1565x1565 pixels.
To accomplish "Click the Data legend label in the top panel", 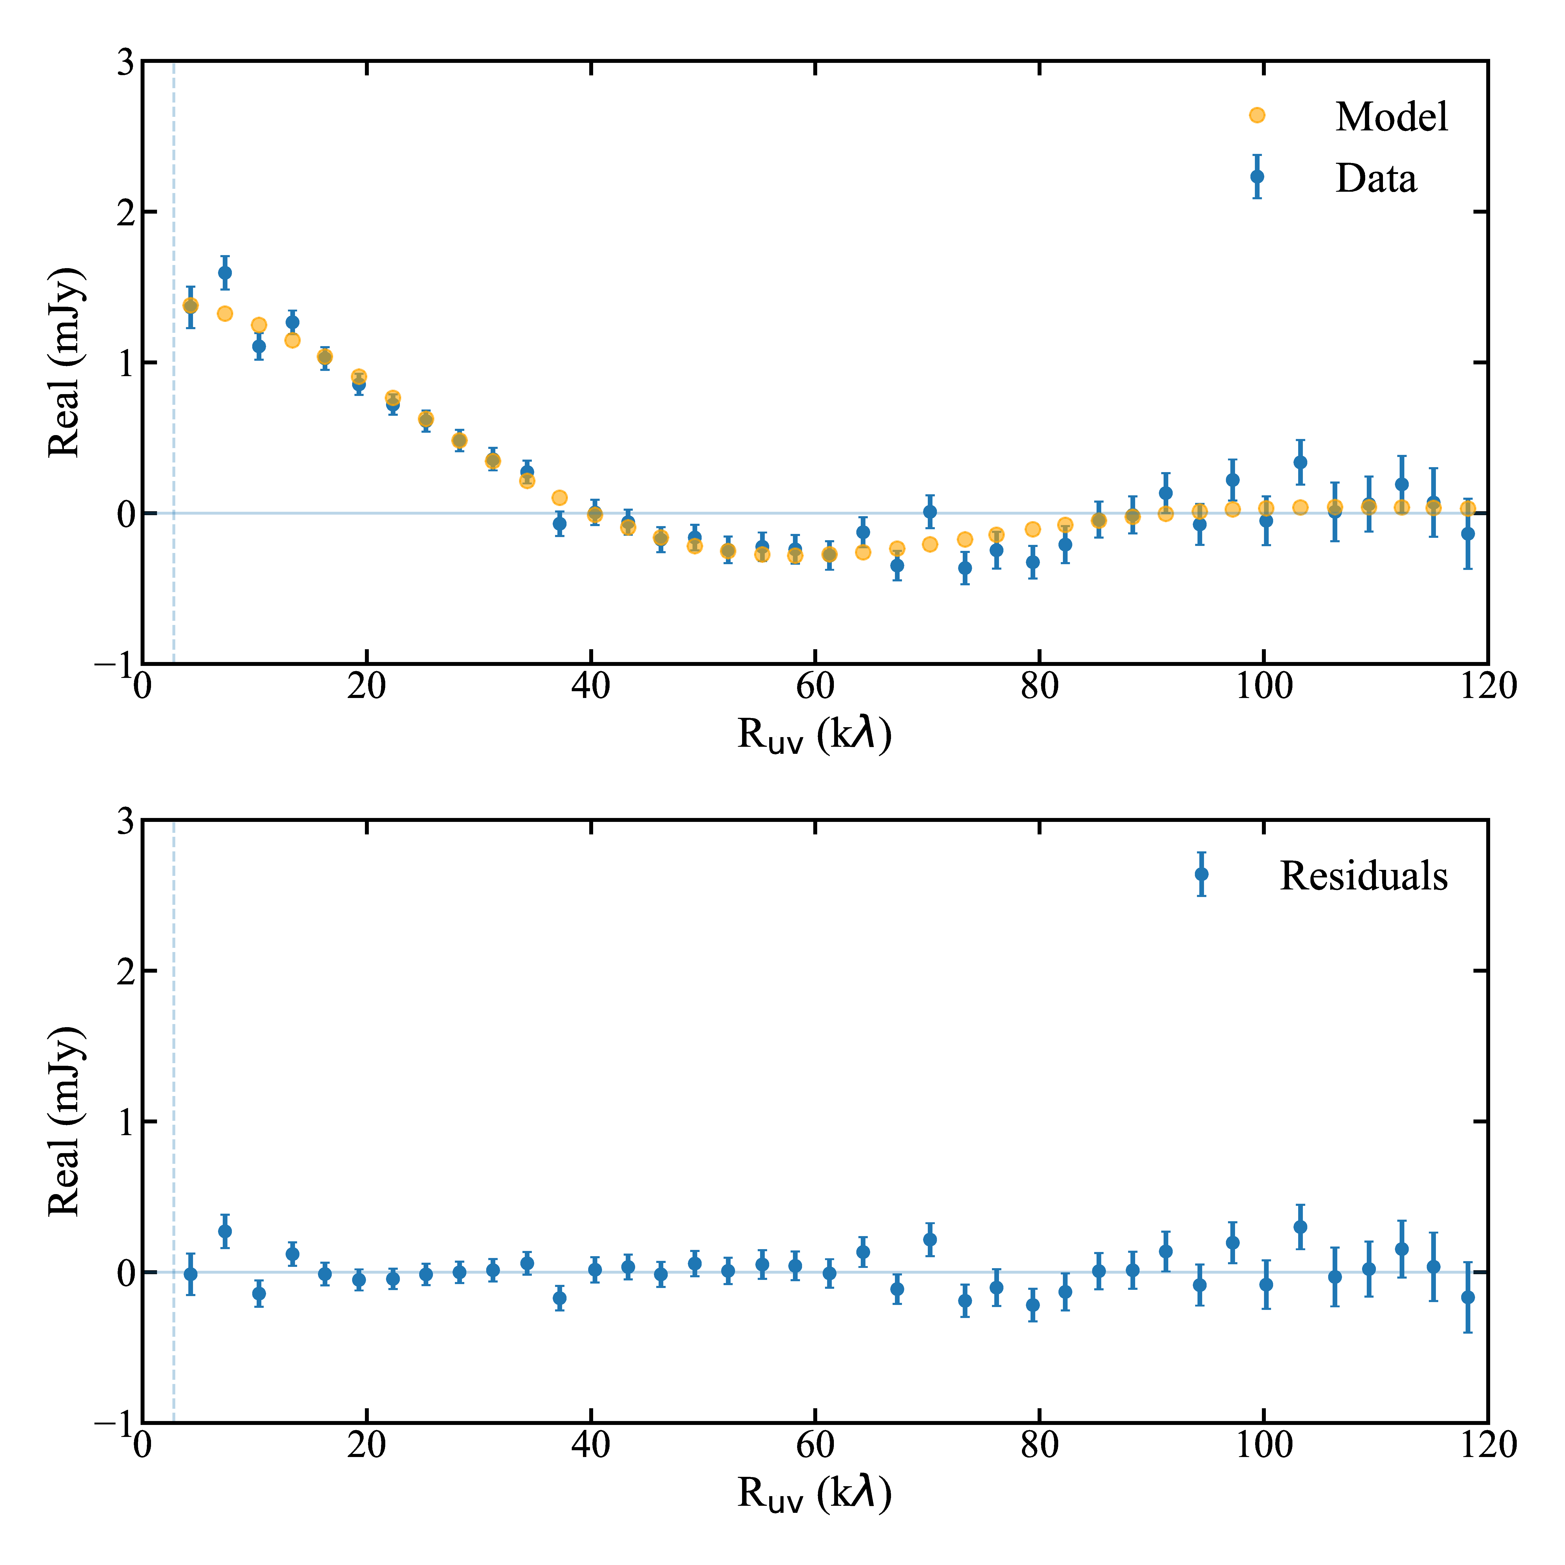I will tap(1375, 178).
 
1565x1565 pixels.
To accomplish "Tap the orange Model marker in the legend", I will tap(1256, 115).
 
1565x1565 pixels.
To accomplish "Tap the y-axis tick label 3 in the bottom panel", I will tap(125, 821).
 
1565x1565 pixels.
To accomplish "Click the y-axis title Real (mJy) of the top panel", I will tap(65, 362).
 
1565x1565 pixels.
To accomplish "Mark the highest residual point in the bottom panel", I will tap(1300, 1226).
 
